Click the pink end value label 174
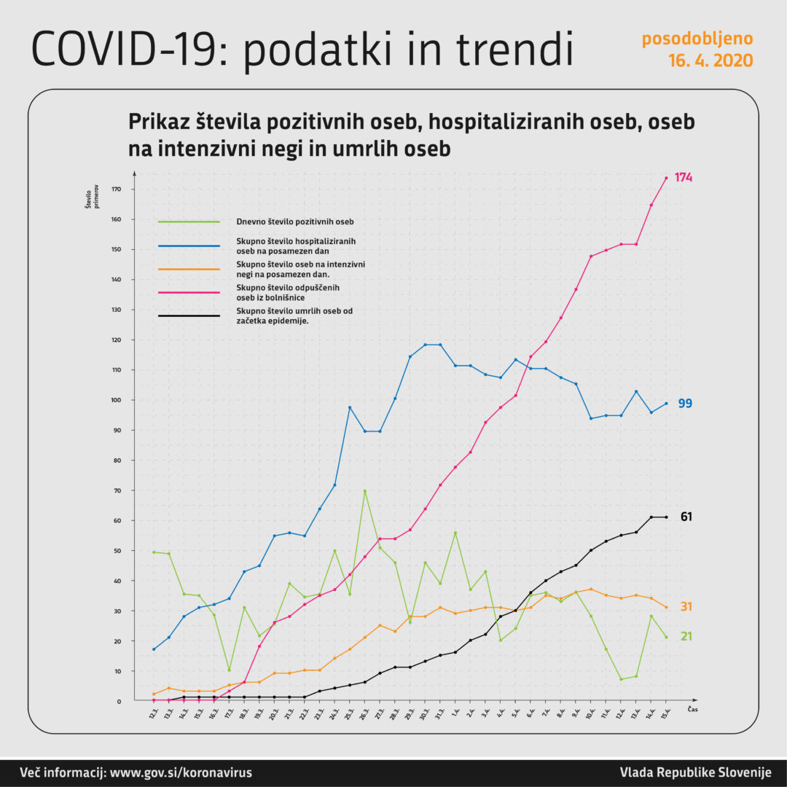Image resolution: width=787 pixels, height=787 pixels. coord(683,178)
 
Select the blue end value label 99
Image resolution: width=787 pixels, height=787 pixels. coord(685,404)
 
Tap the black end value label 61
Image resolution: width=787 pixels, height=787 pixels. coord(685,517)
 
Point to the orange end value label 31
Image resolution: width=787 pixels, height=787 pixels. coord(685,607)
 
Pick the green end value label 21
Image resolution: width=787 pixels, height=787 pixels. coord(685,637)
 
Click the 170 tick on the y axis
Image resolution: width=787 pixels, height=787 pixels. coord(117,189)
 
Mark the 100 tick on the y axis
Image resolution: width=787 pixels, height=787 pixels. coord(117,400)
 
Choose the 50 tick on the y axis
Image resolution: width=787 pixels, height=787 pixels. coord(119,551)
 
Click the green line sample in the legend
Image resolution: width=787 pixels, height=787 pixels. coord(189,222)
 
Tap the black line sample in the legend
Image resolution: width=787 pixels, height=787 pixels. coord(189,316)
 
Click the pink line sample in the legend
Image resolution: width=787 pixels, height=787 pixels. coord(189,291)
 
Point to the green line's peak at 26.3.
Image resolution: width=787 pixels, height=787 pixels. coord(364,491)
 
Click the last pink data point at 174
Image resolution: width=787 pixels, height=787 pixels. coord(666,178)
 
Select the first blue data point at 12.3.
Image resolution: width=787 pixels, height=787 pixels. coord(154,649)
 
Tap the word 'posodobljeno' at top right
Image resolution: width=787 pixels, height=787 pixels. coord(697,38)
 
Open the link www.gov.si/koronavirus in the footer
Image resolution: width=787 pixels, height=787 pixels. coord(181,772)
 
